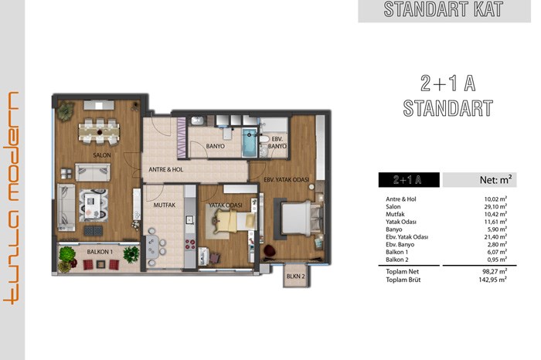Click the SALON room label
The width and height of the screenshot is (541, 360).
(102, 155)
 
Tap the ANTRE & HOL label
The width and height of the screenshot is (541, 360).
(166, 169)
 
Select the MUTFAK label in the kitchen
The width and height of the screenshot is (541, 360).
(164, 205)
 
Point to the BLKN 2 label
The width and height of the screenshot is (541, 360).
(296, 277)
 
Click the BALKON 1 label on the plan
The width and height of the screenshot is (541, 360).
(100, 252)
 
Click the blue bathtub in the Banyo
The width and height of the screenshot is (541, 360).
(249, 142)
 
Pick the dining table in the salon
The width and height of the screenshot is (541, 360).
(100, 132)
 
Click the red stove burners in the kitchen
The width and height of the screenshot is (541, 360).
(190, 244)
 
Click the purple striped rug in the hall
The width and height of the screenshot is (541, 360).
(182, 138)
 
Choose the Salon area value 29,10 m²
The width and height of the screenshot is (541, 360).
(495, 206)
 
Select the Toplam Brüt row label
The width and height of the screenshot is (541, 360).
(403, 280)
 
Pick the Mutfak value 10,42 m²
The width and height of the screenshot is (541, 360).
(495, 214)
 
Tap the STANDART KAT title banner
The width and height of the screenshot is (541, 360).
(444, 10)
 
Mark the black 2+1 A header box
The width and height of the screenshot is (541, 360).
(409, 180)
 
